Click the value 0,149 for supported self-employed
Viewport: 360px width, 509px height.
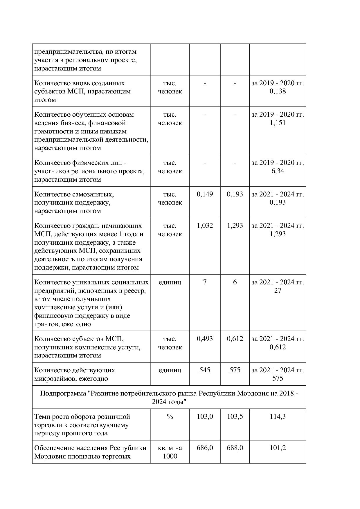point(205,194)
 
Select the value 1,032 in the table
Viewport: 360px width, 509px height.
point(205,225)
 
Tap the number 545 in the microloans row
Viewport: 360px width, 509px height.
point(205,370)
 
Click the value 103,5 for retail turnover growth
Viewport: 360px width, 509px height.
point(235,416)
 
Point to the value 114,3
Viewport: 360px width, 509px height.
point(278,416)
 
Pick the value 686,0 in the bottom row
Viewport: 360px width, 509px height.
point(205,448)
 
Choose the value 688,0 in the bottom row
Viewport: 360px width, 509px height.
point(235,448)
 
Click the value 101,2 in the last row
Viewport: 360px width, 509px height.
point(278,448)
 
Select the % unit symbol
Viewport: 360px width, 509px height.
point(170,416)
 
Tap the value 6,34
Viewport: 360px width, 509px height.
point(278,171)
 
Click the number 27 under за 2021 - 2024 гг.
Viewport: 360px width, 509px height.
point(278,290)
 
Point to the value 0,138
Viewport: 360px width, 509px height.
point(278,91)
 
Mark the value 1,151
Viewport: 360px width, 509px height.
point(278,123)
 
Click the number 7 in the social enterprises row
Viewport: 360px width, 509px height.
point(205,282)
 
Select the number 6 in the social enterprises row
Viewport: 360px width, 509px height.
point(235,282)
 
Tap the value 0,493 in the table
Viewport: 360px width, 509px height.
point(205,339)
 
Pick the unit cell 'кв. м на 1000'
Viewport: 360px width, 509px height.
point(170,452)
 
